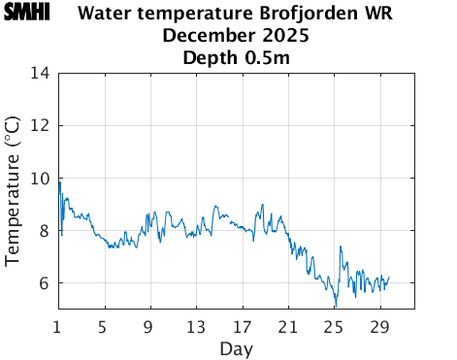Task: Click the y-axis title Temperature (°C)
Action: pyautogui.click(x=13, y=191)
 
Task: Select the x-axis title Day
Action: pyautogui.click(x=236, y=347)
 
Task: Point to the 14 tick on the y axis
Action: pyautogui.click(x=41, y=73)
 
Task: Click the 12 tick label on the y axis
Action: pyautogui.click(x=41, y=125)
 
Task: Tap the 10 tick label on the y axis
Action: pyautogui.click(x=41, y=178)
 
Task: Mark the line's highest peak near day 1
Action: pyautogui.click(x=59, y=181)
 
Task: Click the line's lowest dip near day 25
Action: pyautogui.click(x=336, y=307)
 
